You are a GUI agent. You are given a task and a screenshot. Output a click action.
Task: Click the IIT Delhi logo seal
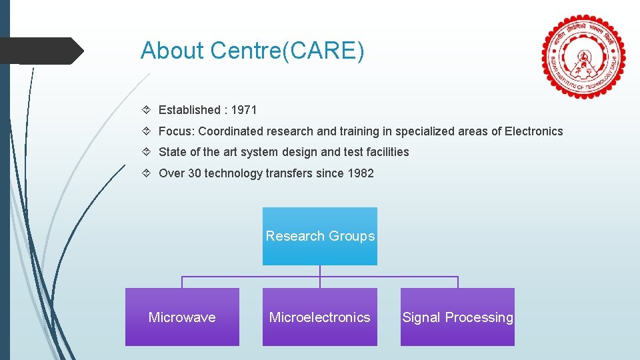click(x=584, y=57)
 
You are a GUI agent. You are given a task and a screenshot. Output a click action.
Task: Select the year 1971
click(x=244, y=110)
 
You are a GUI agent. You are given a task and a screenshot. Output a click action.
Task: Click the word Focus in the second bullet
click(x=175, y=131)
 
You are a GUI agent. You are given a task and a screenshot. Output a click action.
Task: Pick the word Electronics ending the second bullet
click(x=533, y=131)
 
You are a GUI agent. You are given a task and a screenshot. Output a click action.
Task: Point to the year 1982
click(x=361, y=173)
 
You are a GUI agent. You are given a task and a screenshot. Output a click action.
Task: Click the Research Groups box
click(x=320, y=236)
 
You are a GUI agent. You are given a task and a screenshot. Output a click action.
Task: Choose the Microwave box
click(x=182, y=317)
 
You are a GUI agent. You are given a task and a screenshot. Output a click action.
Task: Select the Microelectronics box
click(x=320, y=317)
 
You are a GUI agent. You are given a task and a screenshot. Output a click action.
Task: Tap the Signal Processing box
click(x=457, y=317)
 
